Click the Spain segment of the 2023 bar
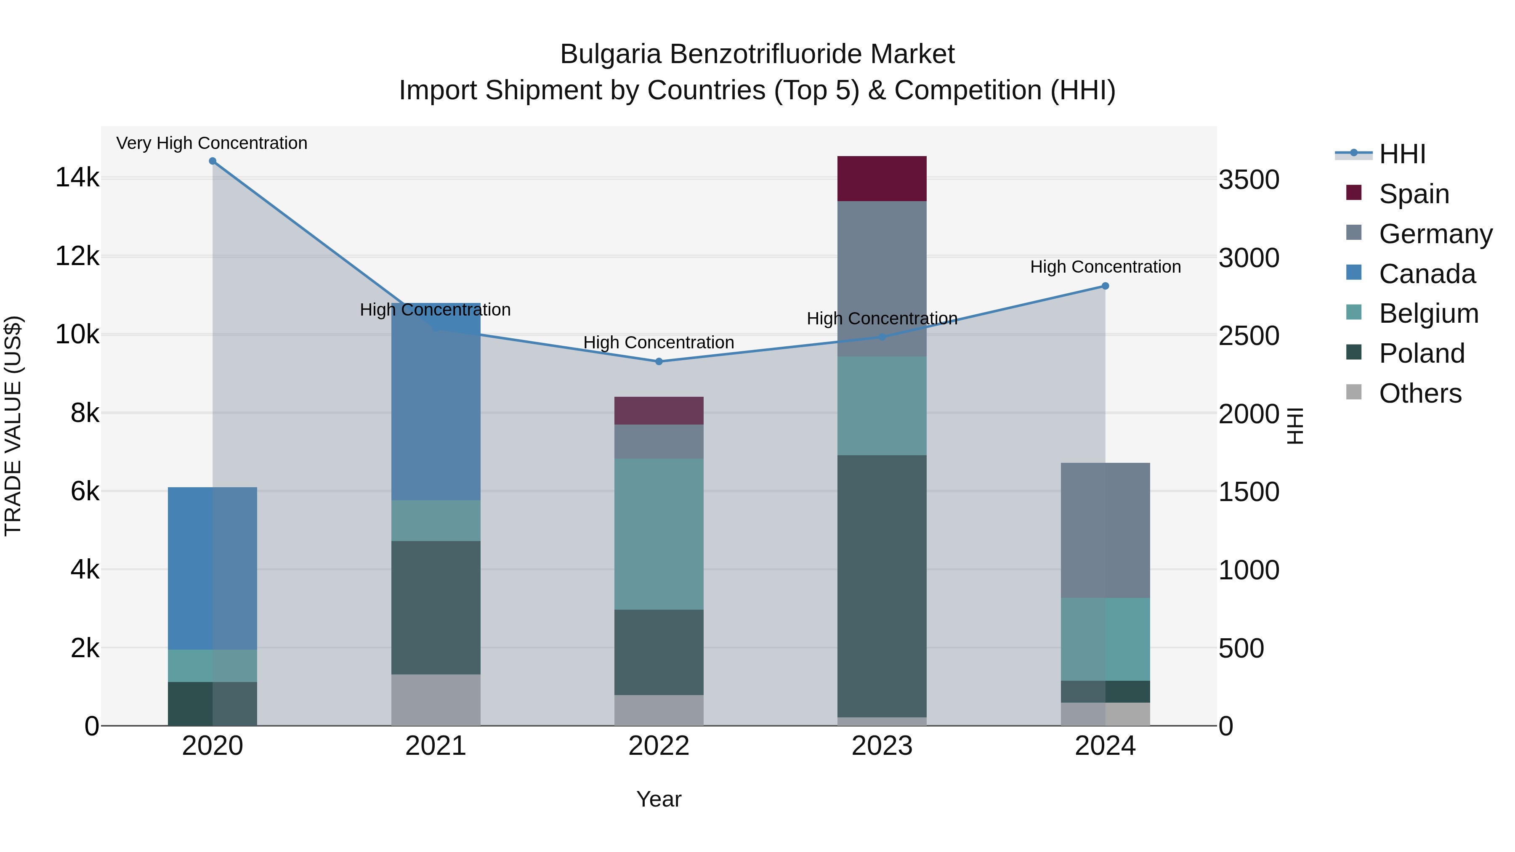882,179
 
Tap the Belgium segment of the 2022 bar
659,534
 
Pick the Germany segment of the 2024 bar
1105,531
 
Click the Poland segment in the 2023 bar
882,586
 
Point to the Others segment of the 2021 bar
436,700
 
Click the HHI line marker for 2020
213,161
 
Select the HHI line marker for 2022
659,361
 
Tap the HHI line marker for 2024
1105,286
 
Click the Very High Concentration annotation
212,143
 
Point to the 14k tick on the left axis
77,178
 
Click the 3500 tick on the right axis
1249,180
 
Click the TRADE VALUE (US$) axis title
13,426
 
